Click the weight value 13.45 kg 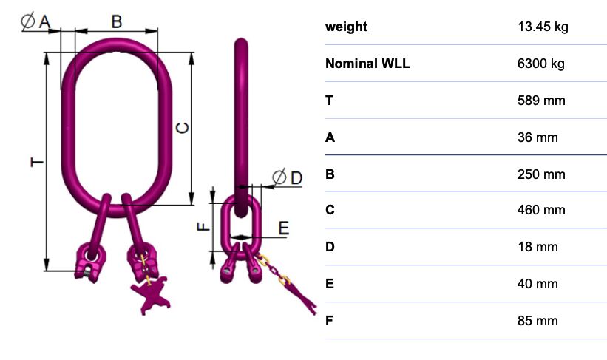coord(543,27)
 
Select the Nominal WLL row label coord(367,64)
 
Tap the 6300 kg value coord(540,64)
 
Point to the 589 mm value coord(541,101)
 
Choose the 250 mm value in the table coord(541,174)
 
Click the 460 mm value coord(541,210)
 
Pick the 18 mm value coord(538,247)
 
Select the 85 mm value coord(538,321)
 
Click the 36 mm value coord(538,137)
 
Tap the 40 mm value coord(538,284)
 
